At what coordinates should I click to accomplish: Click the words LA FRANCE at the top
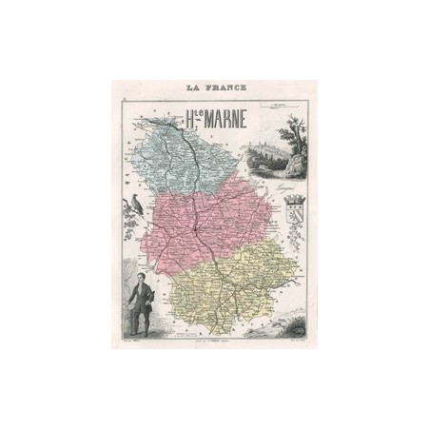pyautogui.click(x=214, y=88)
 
